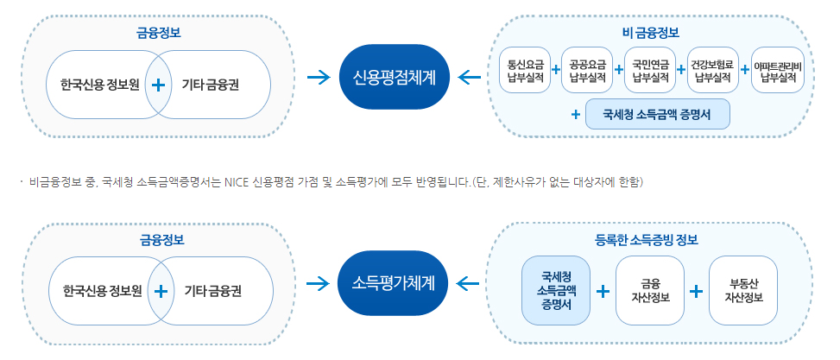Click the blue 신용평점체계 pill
pyautogui.click(x=395, y=77)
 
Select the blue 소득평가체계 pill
pyautogui.click(x=395, y=282)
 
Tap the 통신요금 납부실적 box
pyautogui.click(x=526, y=70)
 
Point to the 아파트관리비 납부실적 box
pyautogui.click(x=777, y=70)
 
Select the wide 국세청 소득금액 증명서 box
pyautogui.click(x=657, y=114)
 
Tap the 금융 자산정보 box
pyautogui.click(x=650, y=289)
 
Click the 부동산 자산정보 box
pyautogui.click(x=742, y=289)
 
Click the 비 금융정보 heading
pyautogui.click(x=651, y=33)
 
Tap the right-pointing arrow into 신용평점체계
pyautogui.click(x=319, y=78)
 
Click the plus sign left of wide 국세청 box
pyautogui.click(x=575, y=114)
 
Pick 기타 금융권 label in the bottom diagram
pyautogui.click(x=212, y=291)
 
